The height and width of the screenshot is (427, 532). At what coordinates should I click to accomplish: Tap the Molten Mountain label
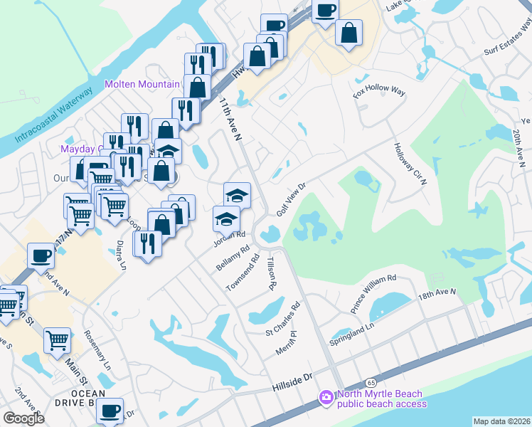pos(142,84)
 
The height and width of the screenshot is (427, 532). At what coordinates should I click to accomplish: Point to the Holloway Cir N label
pos(410,164)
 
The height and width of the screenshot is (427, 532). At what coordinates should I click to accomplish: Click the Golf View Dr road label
pos(290,201)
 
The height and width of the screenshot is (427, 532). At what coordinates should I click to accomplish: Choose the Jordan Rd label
pos(230,238)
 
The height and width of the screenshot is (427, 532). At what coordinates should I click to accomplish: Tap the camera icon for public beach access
pos(326,398)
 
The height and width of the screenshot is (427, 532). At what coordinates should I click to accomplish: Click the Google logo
pos(23,418)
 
